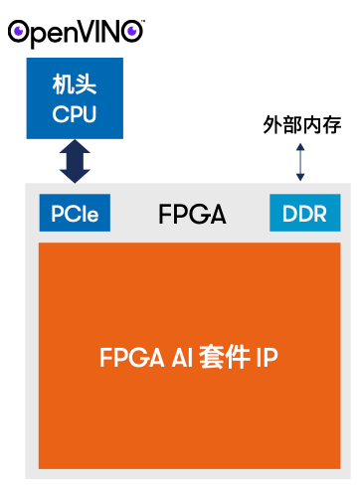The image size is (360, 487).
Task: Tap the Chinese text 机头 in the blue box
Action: (x=75, y=87)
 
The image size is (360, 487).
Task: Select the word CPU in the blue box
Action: (x=75, y=113)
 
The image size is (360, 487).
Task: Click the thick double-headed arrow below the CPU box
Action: (x=76, y=161)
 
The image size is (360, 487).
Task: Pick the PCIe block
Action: (x=76, y=213)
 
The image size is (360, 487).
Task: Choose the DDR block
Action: (x=304, y=213)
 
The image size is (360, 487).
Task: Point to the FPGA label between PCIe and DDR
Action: (x=192, y=213)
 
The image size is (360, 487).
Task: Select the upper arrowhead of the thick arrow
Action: (x=76, y=145)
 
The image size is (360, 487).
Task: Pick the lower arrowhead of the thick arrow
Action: (x=76, y=177)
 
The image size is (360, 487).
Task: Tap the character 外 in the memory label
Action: (x=271, y=126)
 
